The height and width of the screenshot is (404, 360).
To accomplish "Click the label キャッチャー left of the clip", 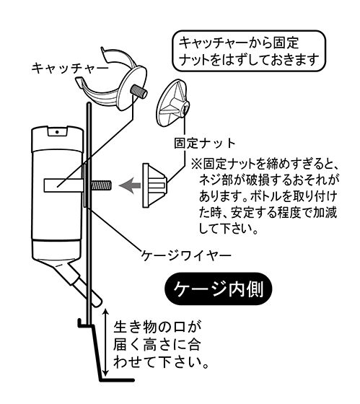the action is pyautogui.click(x=70, y=69).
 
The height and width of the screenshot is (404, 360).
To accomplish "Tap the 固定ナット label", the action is pyautogui.click(x=205, y=144).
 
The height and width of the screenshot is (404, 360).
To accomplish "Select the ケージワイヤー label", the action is pyautogui.click(x=186, y=255).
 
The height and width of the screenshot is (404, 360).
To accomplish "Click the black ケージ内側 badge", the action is pyautogui.click(x=218, y=289).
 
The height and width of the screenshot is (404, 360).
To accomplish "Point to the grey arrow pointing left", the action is pyautogui.click(x=130, y=185).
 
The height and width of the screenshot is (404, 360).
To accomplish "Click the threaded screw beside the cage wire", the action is pyautogui.click(x=101, y=185).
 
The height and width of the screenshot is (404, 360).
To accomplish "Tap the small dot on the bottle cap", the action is pyautogui.click(x=57, y=132).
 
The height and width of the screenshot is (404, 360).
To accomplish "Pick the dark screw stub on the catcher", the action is pyautogui.click(x=139, y=92).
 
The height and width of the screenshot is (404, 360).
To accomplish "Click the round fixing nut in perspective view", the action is pyautogui.click(x=174, y=103).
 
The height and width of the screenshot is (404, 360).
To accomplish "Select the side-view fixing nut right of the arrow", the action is pyautogui.click(x=155, y=185).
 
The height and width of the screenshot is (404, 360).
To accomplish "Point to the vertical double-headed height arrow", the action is pyautogui.click(x=105, y=342).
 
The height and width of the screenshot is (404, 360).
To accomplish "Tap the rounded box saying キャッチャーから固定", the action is pyautogui.click(x=249, y=50).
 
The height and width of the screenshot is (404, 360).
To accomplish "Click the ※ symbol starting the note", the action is pyautogui.click(x=196, y=164).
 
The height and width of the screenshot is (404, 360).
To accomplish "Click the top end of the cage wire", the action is pyautogui.click(x=89, y=104).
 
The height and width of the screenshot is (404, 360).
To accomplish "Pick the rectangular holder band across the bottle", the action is pyautogui.click(x=63, y=185).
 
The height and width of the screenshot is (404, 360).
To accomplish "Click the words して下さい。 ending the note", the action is pyautogui.click(x=228, y=228).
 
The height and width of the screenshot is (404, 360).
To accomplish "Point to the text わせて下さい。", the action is pyautogui.click(x=161, y=362).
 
